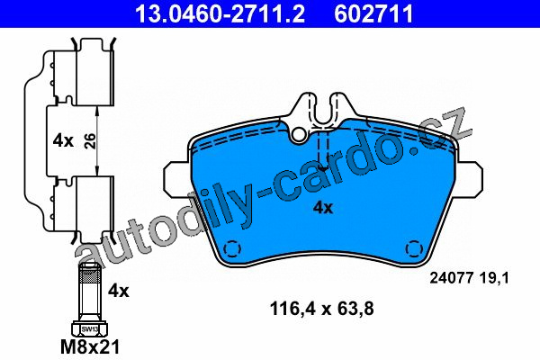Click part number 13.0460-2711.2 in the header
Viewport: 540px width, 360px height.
[x=220, y=13]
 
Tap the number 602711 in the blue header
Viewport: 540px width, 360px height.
[x=373, y=13]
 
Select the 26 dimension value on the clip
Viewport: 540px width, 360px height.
[x=90, y=141]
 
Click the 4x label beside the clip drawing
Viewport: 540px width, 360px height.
[x=63, y=141]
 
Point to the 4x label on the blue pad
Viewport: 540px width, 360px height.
[x=323, y=208]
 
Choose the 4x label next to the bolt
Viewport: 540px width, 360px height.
[x=119, y=291]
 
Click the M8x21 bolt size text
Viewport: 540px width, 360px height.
[x=90, y=346]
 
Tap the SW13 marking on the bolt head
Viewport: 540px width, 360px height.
[x=89, y=329]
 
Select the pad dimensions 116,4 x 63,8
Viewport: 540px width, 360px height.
[x=322, y=309]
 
